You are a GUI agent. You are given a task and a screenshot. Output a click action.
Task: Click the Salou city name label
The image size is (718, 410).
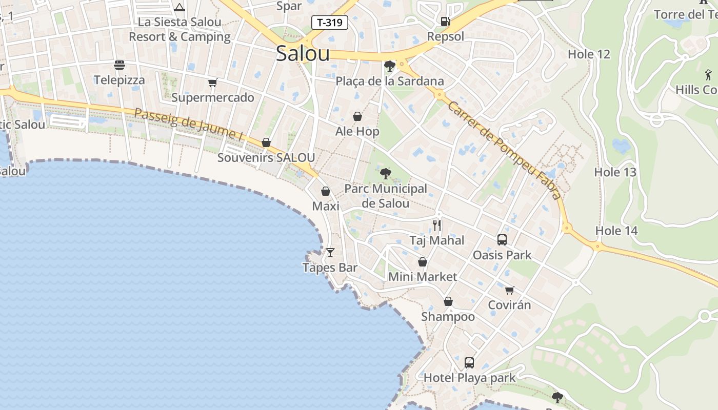(x=303, y=54)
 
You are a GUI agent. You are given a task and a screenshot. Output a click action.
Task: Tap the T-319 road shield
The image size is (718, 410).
(x=330, y=23)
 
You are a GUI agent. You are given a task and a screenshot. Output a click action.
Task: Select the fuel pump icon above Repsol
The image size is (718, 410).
(x=445, y=22)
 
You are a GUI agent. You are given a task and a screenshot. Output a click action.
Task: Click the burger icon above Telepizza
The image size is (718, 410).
(x=119, y=65)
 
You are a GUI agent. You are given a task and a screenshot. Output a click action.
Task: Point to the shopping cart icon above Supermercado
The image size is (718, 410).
(x=212, y=83)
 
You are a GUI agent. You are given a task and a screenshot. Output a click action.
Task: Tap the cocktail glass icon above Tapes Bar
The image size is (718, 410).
(x=330, y=253)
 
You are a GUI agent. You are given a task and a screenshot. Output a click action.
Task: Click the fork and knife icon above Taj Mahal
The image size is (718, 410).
(x=437, y=225)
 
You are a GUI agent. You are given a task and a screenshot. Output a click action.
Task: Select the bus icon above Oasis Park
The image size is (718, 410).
(x=502, y=240)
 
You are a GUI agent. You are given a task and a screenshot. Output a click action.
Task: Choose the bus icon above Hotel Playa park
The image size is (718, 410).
(x=469, y=363)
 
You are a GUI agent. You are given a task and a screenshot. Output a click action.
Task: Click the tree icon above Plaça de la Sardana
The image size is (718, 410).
(x=390, y=66)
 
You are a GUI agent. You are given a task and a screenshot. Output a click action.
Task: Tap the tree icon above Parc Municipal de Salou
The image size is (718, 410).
(x=385, y=174)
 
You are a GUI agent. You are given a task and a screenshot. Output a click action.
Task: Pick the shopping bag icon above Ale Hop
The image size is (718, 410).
(x=357, y=116)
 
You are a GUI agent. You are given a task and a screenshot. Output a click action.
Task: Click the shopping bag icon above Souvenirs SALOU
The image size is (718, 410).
(x=266, y=142)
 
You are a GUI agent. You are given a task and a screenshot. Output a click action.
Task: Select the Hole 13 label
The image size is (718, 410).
(x=615, y=172)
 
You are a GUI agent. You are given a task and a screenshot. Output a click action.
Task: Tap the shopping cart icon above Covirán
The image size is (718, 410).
(x=509, y=290)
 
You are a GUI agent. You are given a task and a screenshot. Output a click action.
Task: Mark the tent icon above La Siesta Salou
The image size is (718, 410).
(x=179, y=7)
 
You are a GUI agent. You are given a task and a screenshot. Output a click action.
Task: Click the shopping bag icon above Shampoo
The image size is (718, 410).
(x=448, y=301)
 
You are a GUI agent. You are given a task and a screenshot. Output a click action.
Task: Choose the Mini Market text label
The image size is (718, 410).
(x=423, y=277)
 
